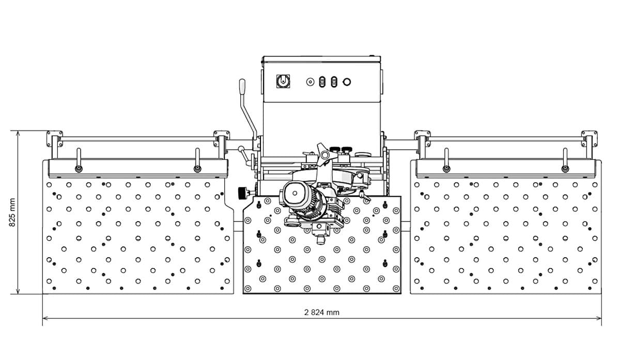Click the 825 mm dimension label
12,212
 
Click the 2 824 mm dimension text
321,312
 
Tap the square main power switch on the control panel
283,82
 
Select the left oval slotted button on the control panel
322,82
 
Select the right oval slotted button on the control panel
334,82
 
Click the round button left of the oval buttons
311,82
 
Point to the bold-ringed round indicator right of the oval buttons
347,82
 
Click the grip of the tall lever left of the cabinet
242,87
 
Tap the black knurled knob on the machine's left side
243,193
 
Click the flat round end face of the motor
295,193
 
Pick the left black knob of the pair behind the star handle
335,149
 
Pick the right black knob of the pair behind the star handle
346,149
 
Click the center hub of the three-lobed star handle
324,154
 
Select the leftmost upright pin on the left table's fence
79,160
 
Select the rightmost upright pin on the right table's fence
565,160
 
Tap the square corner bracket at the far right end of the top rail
589,138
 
